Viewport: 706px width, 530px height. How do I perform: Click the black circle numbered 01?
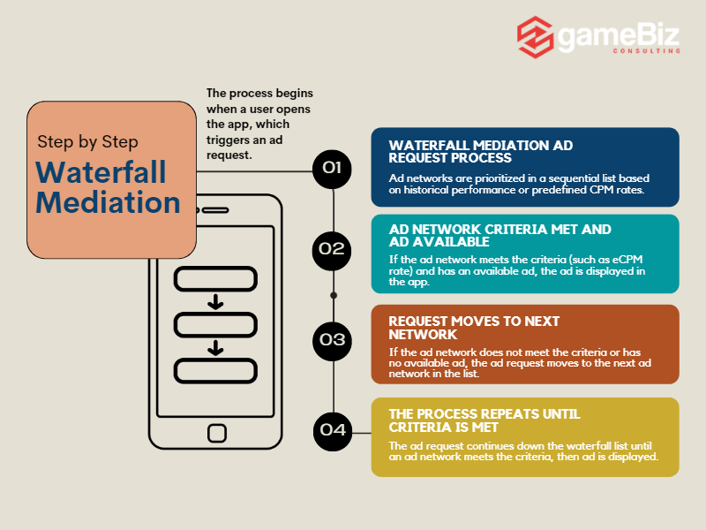(333, 168)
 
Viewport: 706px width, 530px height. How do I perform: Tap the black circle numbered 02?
(333, 248)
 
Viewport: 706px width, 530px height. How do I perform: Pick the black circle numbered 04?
(333, 430)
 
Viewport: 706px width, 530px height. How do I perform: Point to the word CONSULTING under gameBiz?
(647, 51)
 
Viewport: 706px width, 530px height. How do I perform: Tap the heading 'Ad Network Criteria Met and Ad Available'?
(499, 235)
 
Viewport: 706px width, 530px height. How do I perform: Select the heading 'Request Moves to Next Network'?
(474, 328)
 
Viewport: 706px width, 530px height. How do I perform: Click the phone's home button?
(216, 432)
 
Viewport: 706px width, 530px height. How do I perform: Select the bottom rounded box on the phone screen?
(215, 370)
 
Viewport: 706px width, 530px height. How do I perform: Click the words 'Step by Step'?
(87, 141)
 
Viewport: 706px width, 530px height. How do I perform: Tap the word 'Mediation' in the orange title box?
(108, 202)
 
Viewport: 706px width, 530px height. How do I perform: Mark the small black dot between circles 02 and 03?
(334, 294)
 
